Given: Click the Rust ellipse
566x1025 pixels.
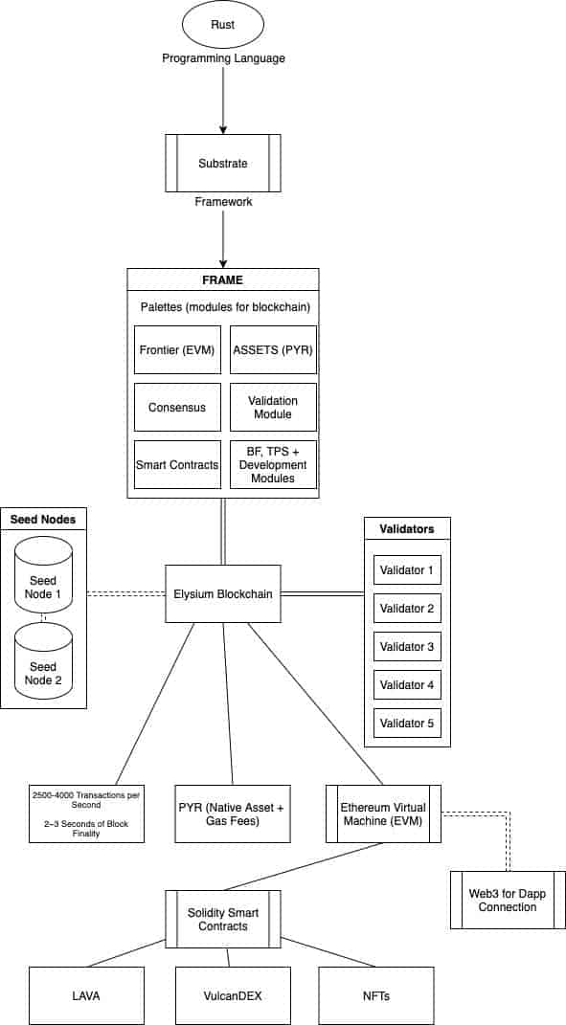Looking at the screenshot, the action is [x=223, y=26].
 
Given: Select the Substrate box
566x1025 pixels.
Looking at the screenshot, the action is [x=223, y=164].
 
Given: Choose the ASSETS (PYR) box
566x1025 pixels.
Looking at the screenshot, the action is [x=274, y=349].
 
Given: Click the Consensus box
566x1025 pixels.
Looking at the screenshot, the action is [x=178, y=408].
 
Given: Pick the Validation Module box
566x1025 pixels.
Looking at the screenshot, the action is [x=274, y=408].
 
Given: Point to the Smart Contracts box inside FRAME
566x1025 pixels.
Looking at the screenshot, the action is [x=178, y=465].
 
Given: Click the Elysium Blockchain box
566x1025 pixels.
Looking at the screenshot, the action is [x=223, y=594].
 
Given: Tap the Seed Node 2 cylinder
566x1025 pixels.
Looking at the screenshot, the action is [x=43, y=659].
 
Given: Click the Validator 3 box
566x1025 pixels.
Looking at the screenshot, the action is [x=408, y=647].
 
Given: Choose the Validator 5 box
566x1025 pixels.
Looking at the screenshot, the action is [x=408, y=724].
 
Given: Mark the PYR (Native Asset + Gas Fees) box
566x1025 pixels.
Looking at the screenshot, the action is [x=233, y=813].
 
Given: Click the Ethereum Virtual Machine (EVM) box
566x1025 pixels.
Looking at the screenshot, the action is [x=383, y=813].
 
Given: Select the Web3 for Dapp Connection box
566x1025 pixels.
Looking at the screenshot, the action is [x=508, y=901].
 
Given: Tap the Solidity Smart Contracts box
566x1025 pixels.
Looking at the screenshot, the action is [x=223, y=919].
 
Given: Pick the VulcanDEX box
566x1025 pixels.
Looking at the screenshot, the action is [x=233, y=995].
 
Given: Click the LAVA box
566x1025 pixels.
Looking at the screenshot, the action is [x=87, y=995].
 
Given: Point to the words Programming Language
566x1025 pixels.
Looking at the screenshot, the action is [x=224, y=58].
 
